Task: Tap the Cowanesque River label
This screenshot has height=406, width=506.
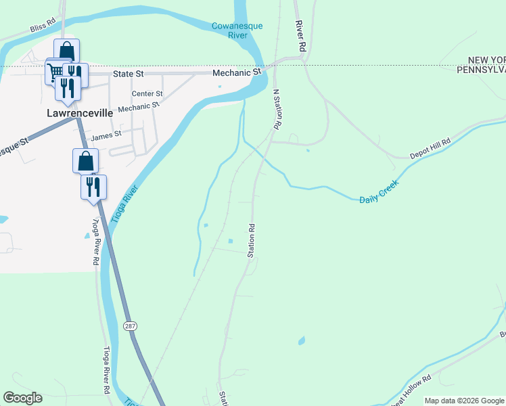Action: point(237,30)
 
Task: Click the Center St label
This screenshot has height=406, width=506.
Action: point(147,93)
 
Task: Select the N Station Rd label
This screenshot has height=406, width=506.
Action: point(276,110)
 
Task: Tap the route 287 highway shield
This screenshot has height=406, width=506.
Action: point(130,326)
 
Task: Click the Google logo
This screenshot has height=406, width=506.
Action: point(22,398)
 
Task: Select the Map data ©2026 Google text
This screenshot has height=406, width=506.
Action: point(464,401)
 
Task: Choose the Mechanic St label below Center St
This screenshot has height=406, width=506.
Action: point(138,107)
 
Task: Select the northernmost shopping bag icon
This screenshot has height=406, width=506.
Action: point(66,51)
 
